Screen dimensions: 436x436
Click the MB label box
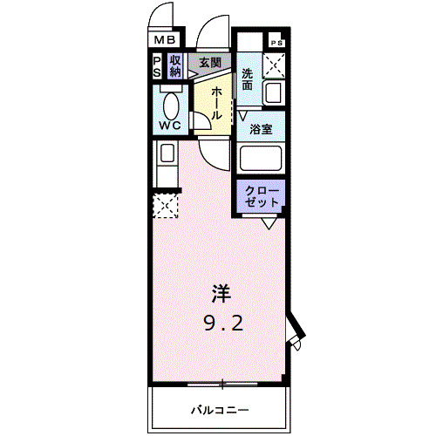[x=165, y=39]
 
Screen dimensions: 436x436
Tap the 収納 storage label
[x=175, y=66]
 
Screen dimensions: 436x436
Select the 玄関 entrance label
[x=209, y=63]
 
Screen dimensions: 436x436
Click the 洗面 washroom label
[x=248, y=79]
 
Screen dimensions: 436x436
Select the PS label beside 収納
[x=157, y=66]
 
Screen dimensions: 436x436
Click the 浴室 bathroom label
[x=261, y=130]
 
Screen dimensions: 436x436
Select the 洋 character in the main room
[x=218, y=294]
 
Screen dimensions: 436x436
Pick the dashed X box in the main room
[x=165, y=206]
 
